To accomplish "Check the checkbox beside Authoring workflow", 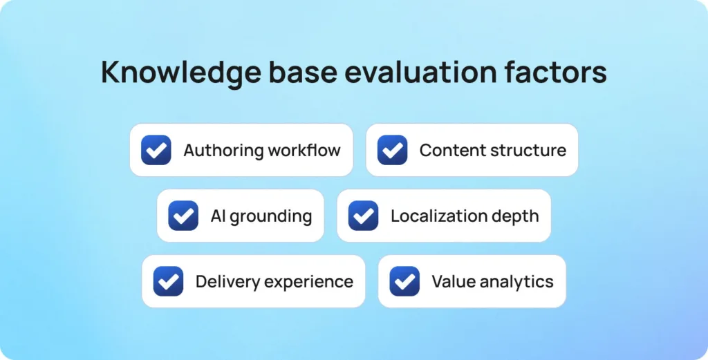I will [156, 150].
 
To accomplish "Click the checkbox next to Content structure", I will [392, 150].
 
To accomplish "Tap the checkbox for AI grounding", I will [183, 216].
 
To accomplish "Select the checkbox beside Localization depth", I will [363, 216].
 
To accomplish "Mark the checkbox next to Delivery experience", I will [168, 281].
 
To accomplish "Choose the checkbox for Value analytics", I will [404, 281].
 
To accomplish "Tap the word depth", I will [516, 216].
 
